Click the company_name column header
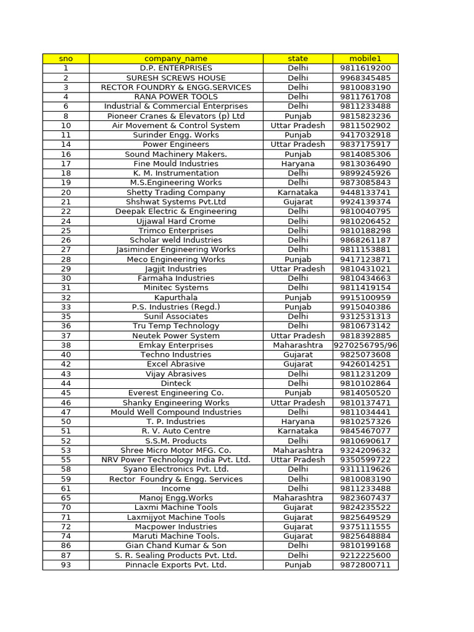click(x=176, y=59)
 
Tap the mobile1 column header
click(x=365, y=59)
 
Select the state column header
click(x=297, y=59)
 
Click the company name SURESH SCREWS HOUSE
click(x=176, y=78)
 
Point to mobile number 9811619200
click(x=365, y=68)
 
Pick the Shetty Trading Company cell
click(x=176, y=193)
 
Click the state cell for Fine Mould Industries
click(x=297, y=164)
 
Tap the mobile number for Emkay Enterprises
click(x=365, y=345)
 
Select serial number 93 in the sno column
click(x=66, y=565)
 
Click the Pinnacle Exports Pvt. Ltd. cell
click(x=176, y=565)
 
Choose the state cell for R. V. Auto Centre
click(x=297, y=431)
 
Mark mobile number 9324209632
click(x=365, y=450)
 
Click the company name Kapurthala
click(x=176, y=297)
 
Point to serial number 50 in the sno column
click(x=66, y=422)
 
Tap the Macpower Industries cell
click(x=176, y=526)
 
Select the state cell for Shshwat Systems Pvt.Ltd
click(x=297, y=202)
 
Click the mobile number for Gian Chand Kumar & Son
click(x=365, y=546)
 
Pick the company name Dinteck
click(x=176, y=383)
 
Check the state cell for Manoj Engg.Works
click(x=297, y=498)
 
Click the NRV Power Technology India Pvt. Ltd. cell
click(x=176, y=460)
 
